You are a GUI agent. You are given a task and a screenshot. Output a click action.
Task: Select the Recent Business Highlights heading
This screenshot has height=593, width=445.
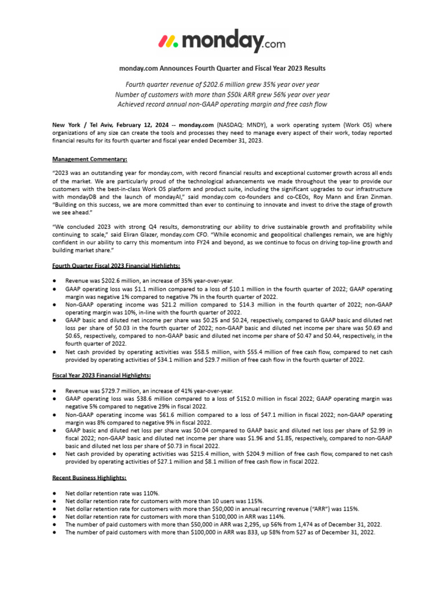pos(89,477)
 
